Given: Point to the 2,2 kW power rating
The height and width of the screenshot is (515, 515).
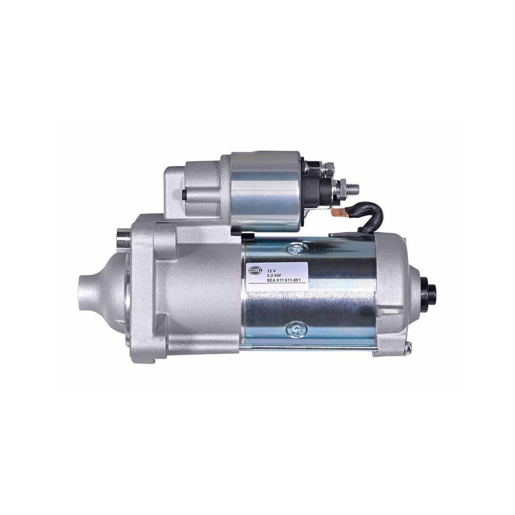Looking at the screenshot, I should pos(273,276).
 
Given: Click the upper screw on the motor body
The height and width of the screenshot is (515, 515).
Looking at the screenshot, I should pos(298,249).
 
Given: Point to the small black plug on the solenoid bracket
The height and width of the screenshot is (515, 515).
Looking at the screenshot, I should pos(183,195).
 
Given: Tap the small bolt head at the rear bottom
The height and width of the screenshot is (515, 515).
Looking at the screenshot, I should pos(408,350).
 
